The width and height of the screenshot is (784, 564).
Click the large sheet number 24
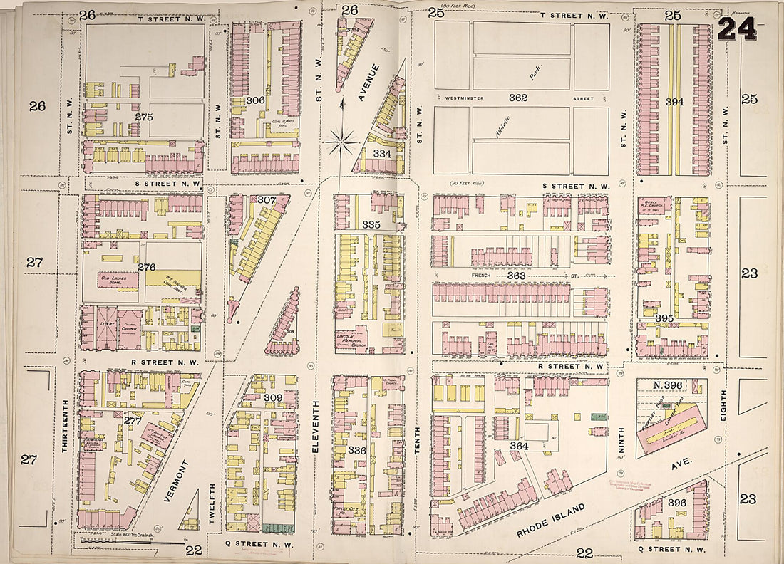click(x=738, y=29)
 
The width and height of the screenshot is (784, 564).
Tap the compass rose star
click(x=341, y=142)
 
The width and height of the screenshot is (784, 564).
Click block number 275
click(x=145, y=115)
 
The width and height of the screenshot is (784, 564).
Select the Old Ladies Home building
click(x=118, y=279)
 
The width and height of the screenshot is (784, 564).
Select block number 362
click(x=518, y=98)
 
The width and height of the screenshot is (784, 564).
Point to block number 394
click(x=674, y=102)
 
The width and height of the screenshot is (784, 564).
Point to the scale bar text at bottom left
click(x=134, y=534)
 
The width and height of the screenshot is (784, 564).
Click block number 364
click(x=518, y=446)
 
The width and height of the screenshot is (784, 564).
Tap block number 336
click(x=356, y=450)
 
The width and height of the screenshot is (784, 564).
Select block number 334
click(x=381, y=154)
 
